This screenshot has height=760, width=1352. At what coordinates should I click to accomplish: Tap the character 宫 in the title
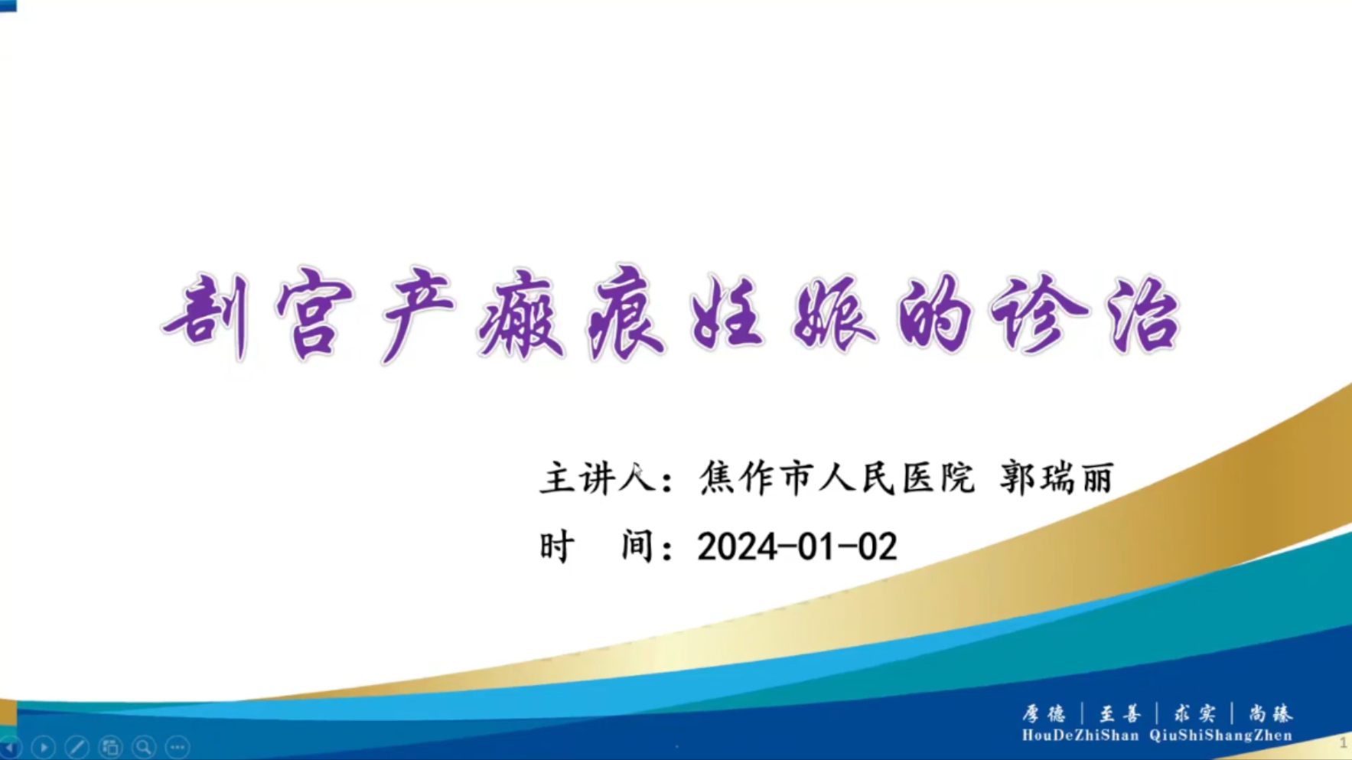point(314,314)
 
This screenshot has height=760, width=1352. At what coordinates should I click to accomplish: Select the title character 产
point(417,314)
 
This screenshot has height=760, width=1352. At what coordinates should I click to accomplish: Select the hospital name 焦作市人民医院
point(837,478)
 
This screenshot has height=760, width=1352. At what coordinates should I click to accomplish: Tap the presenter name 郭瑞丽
point(1057,478)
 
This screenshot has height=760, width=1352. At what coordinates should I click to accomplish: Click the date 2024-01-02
point(797,547)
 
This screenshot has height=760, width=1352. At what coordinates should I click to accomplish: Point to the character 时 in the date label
point(557,547)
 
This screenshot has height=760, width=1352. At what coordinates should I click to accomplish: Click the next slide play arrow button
point(44,746)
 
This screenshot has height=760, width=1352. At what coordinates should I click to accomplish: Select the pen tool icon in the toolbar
point(77,746)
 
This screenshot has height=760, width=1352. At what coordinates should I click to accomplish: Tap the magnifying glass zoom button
point(144,746)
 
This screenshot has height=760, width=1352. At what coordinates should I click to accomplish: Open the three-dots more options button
point(178,746)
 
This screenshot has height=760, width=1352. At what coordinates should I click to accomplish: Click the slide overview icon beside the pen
point(111,746)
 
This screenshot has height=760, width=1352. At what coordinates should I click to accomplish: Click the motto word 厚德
point(1044,714)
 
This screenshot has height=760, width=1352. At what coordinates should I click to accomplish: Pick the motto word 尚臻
point(1270,714)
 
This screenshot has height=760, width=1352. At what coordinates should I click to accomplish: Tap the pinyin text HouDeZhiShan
point(1080,736)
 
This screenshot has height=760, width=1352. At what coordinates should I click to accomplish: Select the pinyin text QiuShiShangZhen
point(1220,736)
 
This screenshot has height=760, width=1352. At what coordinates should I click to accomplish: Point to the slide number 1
point(1343,742)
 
